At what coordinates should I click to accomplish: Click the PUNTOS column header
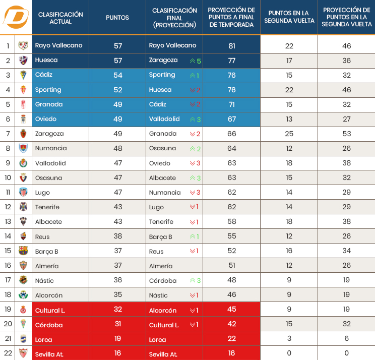click(117, 18)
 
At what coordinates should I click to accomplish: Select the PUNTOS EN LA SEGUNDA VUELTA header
click(289, 17)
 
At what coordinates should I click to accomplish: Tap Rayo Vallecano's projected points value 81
click(232, 46)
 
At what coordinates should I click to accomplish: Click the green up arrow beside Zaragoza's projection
click(192, 61)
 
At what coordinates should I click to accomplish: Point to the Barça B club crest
click(23, 251)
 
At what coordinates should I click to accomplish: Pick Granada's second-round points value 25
click(289, 134)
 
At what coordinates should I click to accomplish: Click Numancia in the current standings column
click(51, 148)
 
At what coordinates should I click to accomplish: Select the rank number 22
click(8, 353)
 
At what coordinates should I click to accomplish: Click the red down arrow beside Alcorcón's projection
click(192, 311)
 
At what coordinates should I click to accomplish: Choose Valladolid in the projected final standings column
click(164, 119)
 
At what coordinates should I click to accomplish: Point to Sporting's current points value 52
click(117, 90)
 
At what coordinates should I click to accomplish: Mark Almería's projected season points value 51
click(232, 266)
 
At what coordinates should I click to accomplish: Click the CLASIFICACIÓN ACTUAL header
click(60, 18)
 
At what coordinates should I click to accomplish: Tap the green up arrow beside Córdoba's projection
click(192, 281)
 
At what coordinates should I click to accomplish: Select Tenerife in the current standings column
click(47, 207)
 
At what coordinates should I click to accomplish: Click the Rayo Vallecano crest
click(23, 46)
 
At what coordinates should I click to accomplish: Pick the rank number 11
click(8, 192)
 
